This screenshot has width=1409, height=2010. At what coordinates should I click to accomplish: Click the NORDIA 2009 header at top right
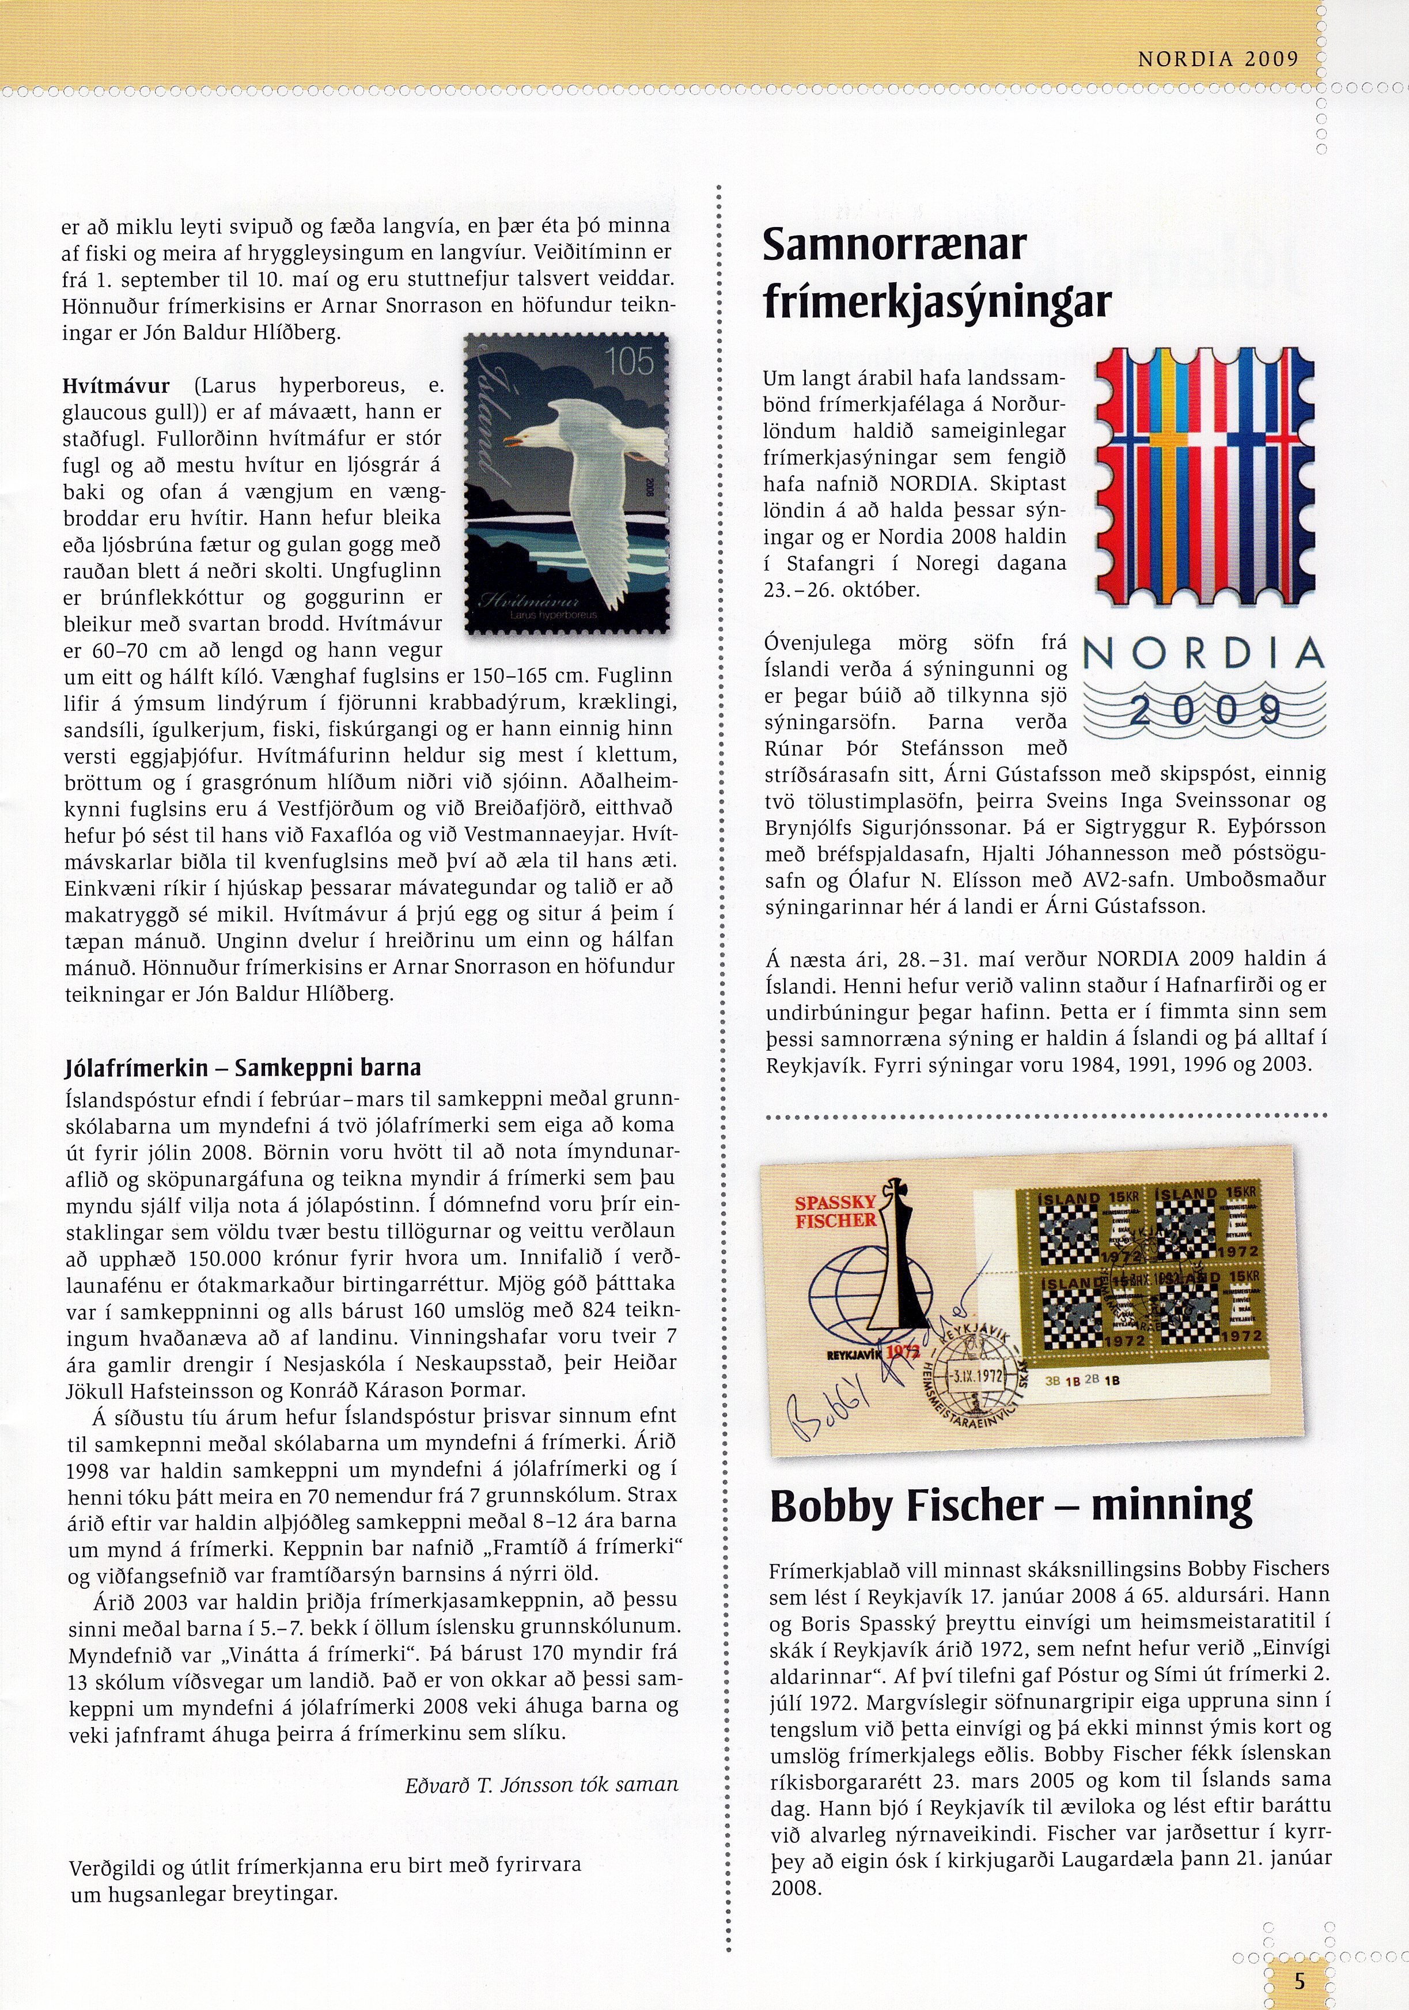pos(1217,59)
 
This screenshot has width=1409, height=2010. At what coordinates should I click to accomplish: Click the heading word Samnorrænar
pos(893,244)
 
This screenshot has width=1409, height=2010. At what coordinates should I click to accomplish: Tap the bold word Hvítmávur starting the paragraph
pos(116,385)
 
